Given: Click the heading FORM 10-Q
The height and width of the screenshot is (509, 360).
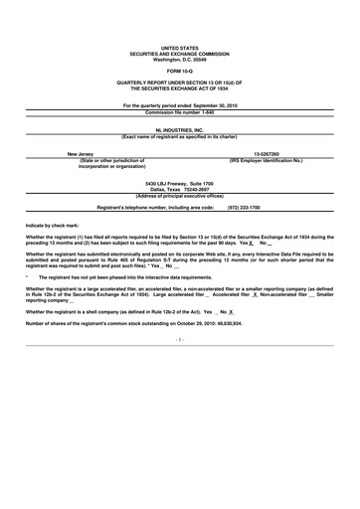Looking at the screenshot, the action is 179,70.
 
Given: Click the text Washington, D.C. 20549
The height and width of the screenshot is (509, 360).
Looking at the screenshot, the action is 179,58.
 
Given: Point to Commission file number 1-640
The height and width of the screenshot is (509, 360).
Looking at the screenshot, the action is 179,110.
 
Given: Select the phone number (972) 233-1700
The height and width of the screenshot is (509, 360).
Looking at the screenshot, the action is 244,207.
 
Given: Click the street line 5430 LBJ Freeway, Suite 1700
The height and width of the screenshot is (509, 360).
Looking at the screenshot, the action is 179,183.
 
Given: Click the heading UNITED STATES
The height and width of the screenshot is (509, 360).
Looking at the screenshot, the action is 179,47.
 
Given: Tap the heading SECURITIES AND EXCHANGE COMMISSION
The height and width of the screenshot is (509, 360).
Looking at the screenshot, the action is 179,53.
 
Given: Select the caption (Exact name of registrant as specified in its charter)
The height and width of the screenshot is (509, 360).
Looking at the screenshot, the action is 179,136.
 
